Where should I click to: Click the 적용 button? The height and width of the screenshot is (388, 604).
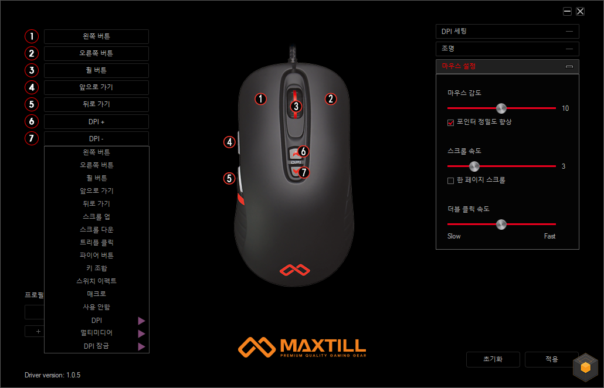[551, 359]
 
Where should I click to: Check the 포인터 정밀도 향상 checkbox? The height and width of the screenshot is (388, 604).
[450, 122]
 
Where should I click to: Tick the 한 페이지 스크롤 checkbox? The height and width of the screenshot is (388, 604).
[450, 181]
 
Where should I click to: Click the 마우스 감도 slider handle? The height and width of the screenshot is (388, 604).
[501, 108]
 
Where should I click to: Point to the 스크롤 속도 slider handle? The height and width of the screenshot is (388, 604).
[474, 166]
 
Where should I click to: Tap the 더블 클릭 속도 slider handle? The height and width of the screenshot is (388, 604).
[501, 224]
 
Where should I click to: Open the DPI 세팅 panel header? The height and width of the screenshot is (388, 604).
[507, 32]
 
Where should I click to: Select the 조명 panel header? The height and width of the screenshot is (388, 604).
[507, 49]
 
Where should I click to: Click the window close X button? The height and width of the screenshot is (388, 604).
[580, 11]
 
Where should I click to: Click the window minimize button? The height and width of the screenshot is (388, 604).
[567, 11]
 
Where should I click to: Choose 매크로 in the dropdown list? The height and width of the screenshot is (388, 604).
[96, 294]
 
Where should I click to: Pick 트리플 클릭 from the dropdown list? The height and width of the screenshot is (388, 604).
[96, 243]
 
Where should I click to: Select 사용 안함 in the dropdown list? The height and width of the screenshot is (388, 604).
[96, 307]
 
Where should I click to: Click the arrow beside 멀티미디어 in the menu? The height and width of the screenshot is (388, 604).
[141, 333]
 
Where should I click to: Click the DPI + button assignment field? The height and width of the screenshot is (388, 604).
[96, 122]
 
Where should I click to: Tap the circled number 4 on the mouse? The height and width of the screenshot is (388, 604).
[230, 142]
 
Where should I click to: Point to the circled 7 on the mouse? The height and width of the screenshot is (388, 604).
[304, 172]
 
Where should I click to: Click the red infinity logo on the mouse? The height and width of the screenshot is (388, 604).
[295, 270]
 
